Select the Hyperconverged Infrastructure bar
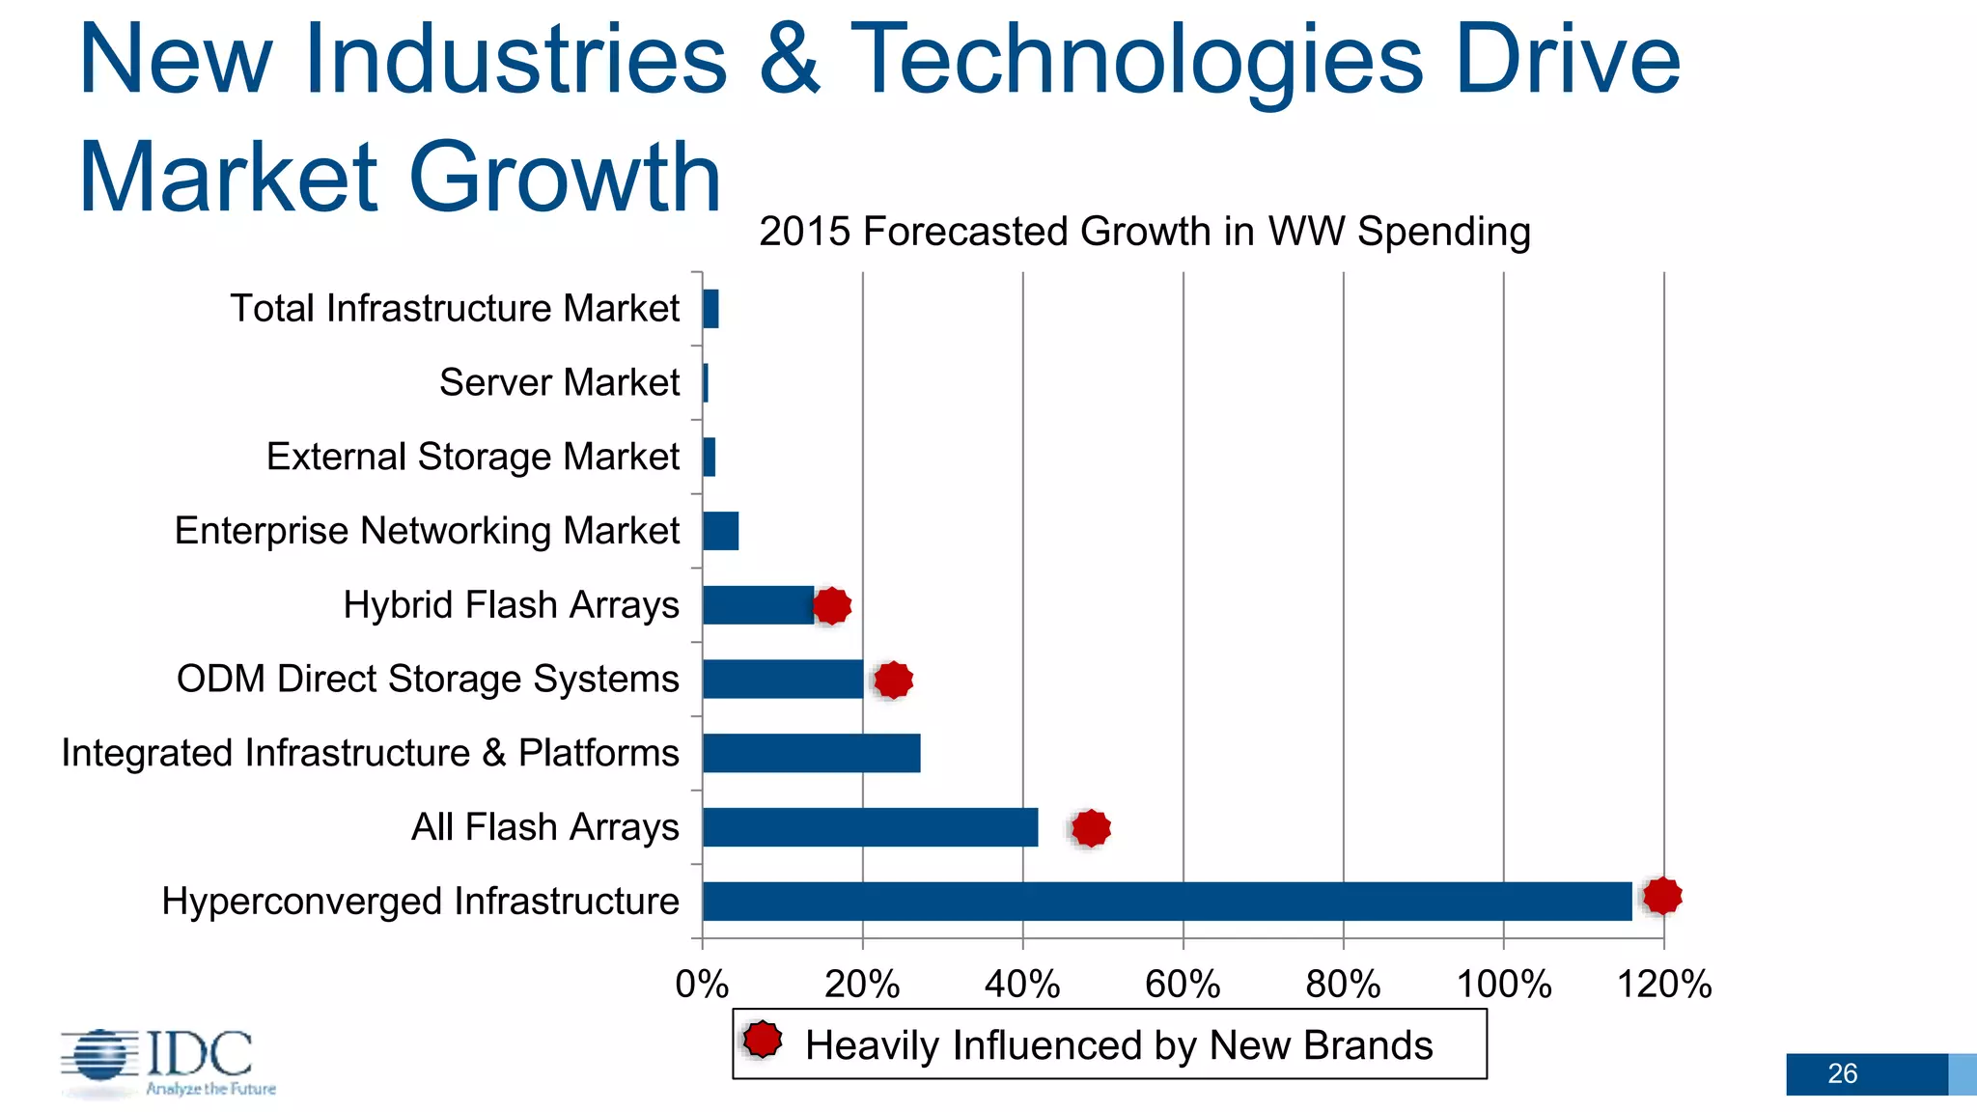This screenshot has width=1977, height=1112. (x=1166, y=901)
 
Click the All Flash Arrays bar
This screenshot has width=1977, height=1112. (x=870, y=827)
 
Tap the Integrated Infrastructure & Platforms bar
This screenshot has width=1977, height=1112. (x=811, y=753)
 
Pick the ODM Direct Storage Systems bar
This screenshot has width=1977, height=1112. (x=783, y=679)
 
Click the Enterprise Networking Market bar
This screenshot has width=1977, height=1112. (x=721, y=531)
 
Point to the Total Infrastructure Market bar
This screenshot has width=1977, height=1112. (x=710, y=309)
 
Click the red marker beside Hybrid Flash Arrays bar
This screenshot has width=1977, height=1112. (x=832, y=606)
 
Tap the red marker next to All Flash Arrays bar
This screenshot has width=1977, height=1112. (x=1091, y=828)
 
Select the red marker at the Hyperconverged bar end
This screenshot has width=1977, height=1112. (x=1662, y=896)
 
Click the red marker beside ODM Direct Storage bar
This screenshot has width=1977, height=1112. (x=893, y=680)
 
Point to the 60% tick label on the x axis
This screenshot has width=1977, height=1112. (x=1183, y=985)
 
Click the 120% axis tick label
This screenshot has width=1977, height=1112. (x=1664, y=985)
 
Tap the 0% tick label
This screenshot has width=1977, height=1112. (x=702, y=985)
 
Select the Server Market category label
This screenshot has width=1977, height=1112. (x=559, y=382)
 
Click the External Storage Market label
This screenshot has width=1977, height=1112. (x=472, y=457)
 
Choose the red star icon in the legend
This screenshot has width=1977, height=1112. (x=763, y=1040)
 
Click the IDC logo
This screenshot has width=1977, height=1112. (x=169, y=1062)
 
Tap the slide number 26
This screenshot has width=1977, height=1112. (x=1842, y=1073)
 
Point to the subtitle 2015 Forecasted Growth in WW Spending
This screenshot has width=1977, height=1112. (x=1144, y=232)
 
